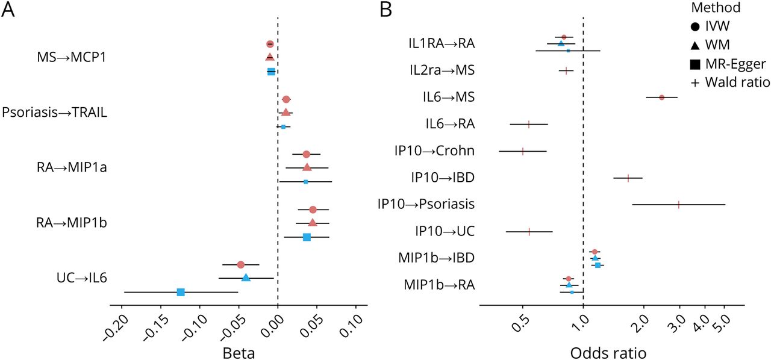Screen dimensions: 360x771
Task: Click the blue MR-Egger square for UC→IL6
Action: [x=181, y=292]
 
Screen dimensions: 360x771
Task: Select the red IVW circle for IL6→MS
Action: [x=661, y=98]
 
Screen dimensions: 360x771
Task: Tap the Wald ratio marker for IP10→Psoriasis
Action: [x=679, y=205]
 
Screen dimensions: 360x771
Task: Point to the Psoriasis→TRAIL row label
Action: [x=55, y=113]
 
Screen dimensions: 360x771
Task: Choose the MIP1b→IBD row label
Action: [x=436, y=258]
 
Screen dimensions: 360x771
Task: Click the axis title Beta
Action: [x=239, y=353]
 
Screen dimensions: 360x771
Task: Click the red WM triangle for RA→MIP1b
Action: [x=313, y=223]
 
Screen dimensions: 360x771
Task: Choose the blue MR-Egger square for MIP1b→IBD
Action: [x=598, y=265]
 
